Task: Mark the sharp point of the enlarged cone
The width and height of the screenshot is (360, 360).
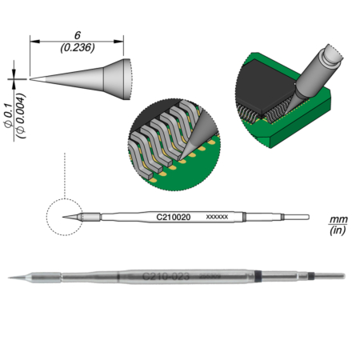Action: click(31, 78)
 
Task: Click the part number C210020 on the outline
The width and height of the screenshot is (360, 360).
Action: click(171, 217)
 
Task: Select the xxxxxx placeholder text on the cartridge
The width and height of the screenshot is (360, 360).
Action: click(218, 217)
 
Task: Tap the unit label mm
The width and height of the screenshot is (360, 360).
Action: click(337, 218)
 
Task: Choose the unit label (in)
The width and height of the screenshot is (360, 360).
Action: click(337, 230)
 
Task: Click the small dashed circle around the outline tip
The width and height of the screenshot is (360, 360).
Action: click(65, 217)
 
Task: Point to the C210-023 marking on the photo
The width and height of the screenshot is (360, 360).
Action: click(166, 277)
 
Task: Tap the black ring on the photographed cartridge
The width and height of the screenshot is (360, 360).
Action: click(310, 278)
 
